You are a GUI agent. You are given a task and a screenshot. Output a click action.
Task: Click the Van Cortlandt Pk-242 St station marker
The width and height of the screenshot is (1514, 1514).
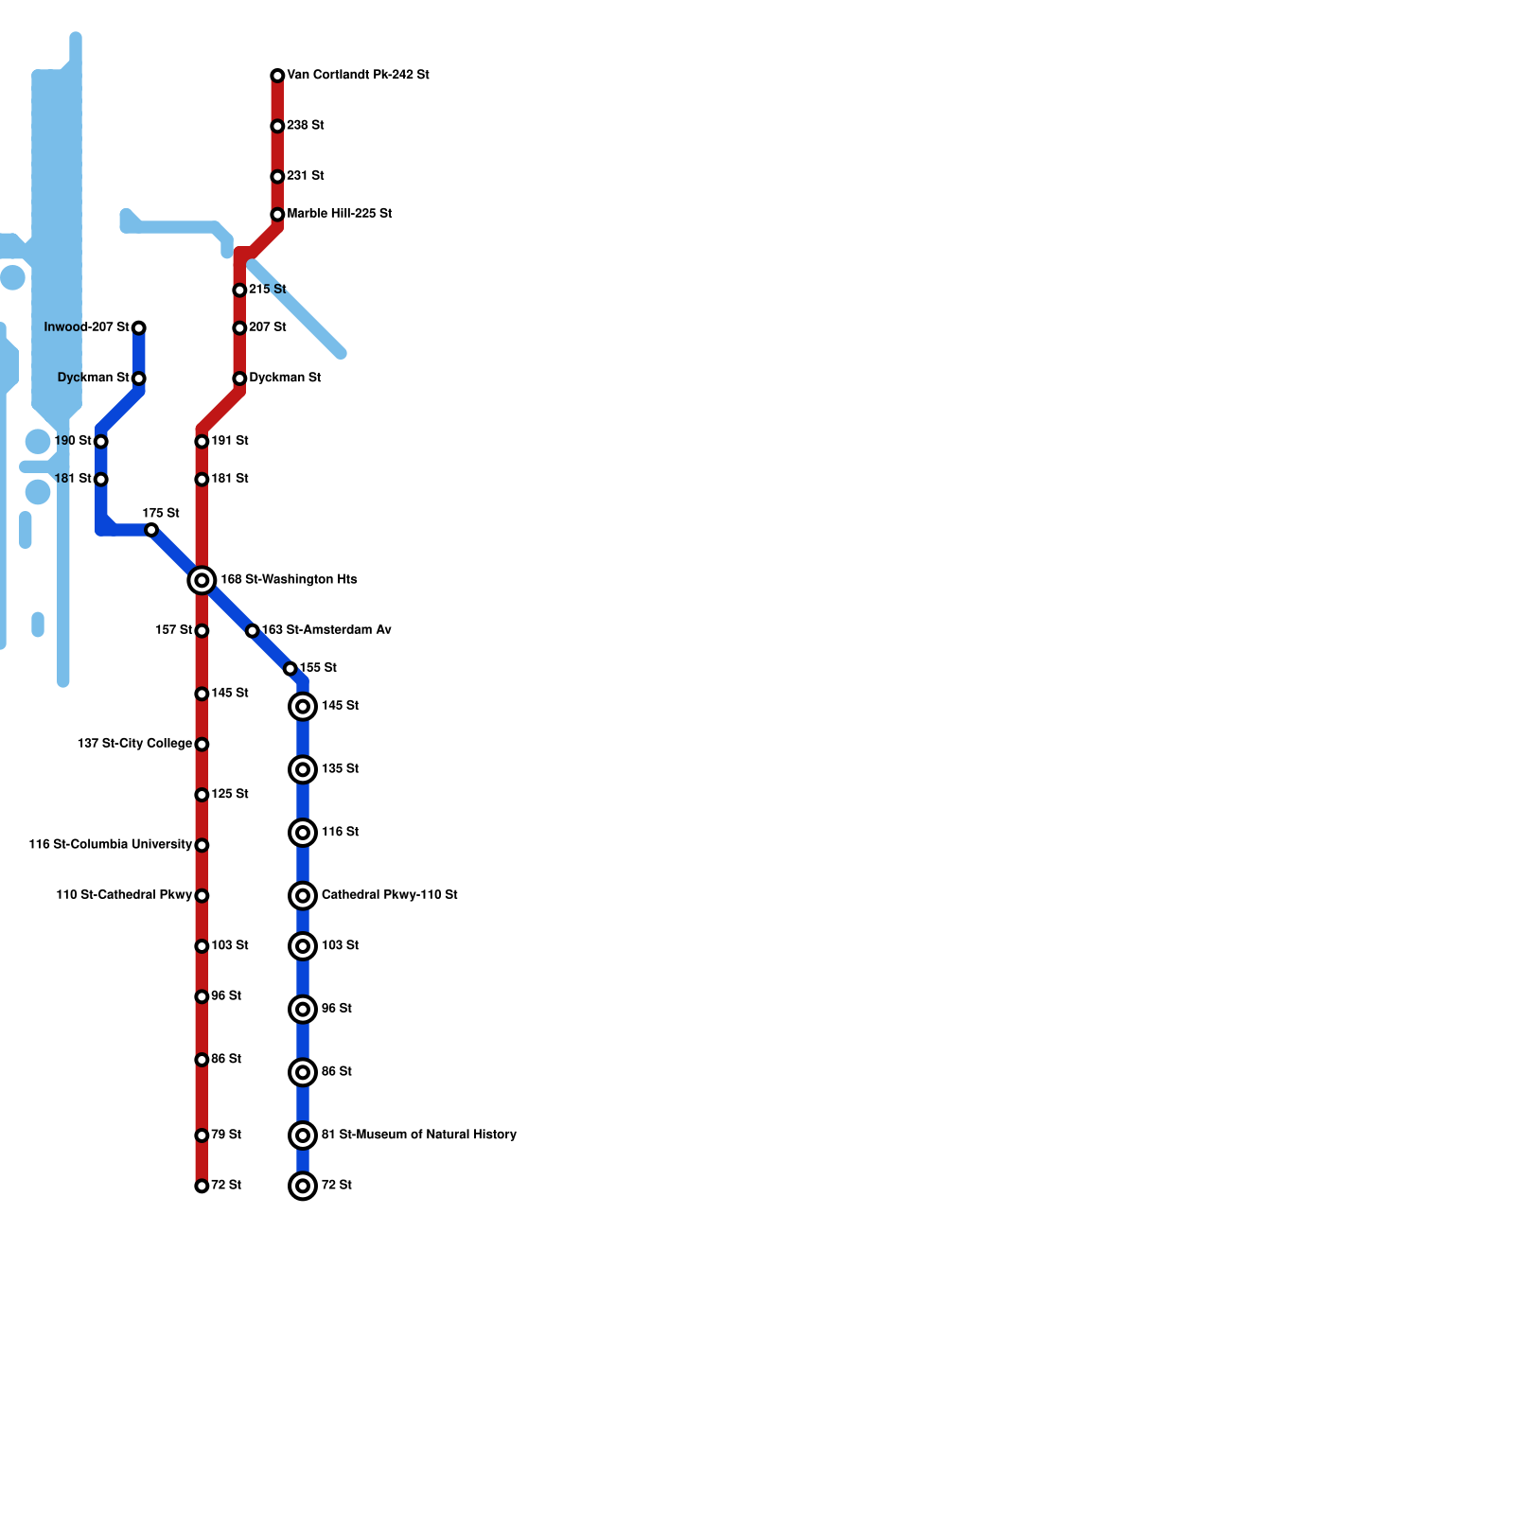pyautogui.click(x=277, y=76)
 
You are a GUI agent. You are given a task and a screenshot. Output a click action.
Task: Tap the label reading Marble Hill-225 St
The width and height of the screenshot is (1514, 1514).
pyautogui.click(x=339, y=214)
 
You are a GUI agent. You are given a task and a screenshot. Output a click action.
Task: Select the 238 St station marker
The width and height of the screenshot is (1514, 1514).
pyautogui.click(x=277, y=126)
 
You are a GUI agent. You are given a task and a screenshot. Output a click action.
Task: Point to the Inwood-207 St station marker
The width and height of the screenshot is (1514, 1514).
pyautogui.click(x=139, y=327)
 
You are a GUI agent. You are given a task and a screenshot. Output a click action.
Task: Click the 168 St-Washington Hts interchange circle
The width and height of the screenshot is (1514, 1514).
pyautogui.click(x=202, y=580)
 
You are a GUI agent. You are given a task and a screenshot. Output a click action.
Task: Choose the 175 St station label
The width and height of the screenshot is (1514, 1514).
pyautogui.click(x=161, y=513)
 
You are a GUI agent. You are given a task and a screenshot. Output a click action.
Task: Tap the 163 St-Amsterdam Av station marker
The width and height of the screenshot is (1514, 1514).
pyautogui.click(x=252, y=630)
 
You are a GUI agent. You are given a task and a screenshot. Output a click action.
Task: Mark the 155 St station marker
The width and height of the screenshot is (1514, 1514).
pyautogui.click(x=290, y=669)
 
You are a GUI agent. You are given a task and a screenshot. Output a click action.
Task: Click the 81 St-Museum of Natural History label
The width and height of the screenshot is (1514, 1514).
pyautogui.click(x=418, y=1135)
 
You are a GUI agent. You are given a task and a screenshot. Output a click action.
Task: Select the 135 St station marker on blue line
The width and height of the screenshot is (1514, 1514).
pyautogui.click(x=303, y=769)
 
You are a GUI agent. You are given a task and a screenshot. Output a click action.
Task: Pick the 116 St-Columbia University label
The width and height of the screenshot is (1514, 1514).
pyautogui.click(x=110, y=844)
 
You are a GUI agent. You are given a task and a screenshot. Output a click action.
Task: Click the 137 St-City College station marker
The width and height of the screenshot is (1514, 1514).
pyautogui.click(x=202, y=745)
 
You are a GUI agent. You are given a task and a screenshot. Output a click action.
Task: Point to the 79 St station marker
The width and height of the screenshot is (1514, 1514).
pyautogui.click(x=202, y=1135)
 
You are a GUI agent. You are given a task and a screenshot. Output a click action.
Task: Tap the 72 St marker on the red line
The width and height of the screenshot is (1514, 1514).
pyautogui.click(x=202, y=1186)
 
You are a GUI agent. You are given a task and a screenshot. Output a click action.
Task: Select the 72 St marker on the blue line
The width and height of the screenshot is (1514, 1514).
pyautogui.click(x=303, y=1186)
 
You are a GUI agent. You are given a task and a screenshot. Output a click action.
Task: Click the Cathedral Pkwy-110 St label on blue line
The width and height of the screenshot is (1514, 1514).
pyautogui.click(x=389, y=894)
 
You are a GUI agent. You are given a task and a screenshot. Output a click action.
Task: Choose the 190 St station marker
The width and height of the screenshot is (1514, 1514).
pyautogui.click(x=101, y=441)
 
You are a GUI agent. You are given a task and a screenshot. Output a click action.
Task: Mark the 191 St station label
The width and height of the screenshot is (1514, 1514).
pyautogui.click(x=229, y=441)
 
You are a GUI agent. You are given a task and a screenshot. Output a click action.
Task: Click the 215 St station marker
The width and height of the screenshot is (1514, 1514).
pyautogui.click(x=239, y=290)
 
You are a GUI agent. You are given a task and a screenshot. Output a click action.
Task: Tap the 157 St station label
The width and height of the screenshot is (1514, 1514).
pyautogui.click(x=173, y=630)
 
